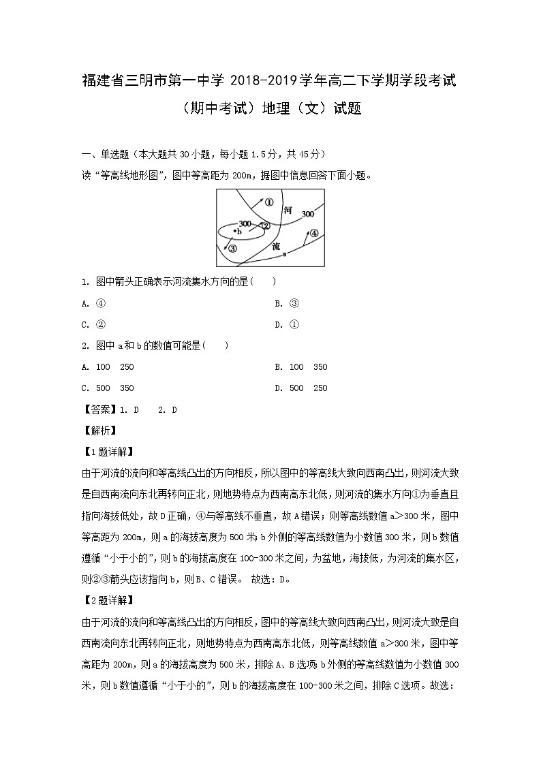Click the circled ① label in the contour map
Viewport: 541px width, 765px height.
(x=268, y=202)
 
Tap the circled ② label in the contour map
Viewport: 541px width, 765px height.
(x=266, y=225)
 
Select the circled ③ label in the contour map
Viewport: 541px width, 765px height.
(x=232, y=249)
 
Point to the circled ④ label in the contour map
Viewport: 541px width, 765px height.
(x=313, y=233)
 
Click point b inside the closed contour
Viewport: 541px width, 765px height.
(x=236, y=232)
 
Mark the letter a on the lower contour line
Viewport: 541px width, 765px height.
(x=283, y=253)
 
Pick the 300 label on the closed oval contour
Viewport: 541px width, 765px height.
(x=245, y=223)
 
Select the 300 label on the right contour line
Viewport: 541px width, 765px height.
(x=307, y=213)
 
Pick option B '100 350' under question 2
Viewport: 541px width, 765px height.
(x=300, y=366)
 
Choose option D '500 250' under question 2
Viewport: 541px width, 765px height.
(x=300, y=388)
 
